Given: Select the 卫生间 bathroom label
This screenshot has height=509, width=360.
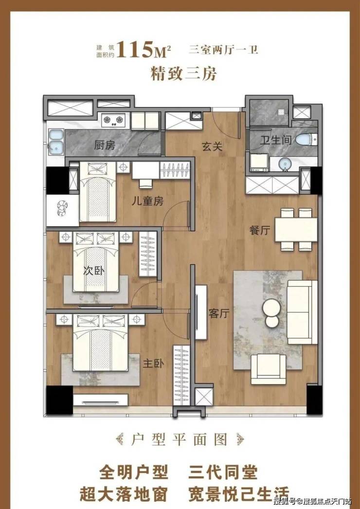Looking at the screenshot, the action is (276, 141).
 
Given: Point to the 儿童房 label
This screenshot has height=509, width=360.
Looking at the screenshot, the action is (147, 201).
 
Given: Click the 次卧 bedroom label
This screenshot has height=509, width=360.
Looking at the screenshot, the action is (94, 271).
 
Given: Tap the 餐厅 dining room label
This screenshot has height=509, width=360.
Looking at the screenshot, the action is (260, 231).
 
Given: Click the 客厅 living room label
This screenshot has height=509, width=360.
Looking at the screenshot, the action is (219, 314).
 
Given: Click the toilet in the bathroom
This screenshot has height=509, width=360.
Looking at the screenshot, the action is (305, 139).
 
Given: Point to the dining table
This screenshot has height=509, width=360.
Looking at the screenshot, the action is (296, 230).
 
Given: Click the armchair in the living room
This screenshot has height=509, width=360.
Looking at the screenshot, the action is (269, 369).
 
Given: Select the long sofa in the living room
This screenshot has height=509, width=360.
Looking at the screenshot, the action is (302, 312).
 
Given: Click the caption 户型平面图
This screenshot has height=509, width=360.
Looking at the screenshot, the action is (180, 440).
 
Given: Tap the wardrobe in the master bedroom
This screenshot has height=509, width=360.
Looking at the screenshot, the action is (181, 375).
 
